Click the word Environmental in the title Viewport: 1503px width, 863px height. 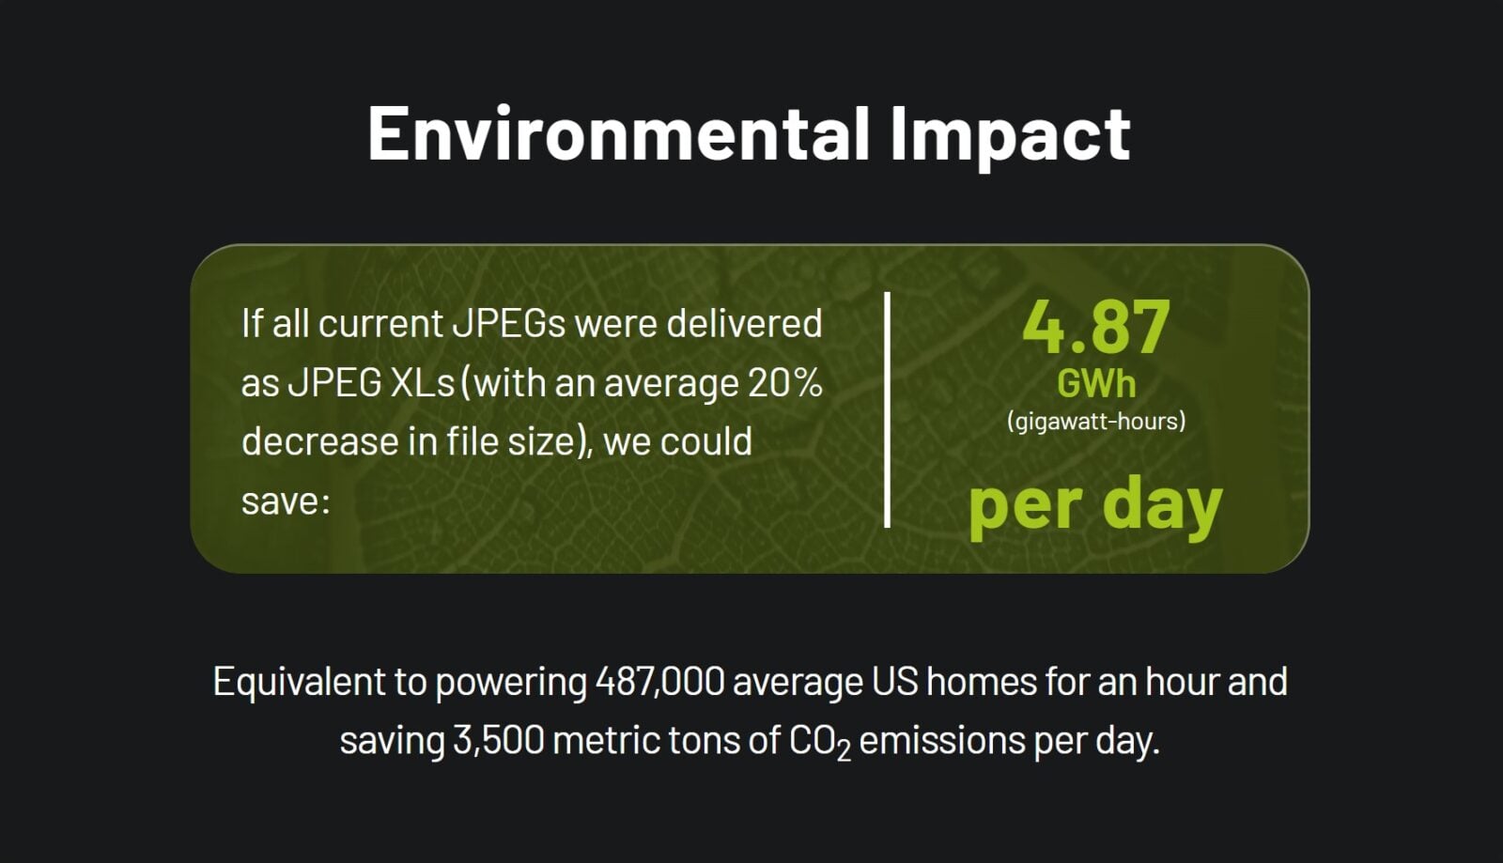click(618, 133)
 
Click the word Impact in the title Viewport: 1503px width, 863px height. click(1011, 137)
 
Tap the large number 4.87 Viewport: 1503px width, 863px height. click(1096, 327)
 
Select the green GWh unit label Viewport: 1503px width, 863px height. click(1096, 384)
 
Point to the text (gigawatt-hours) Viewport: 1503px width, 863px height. click(1096, 422)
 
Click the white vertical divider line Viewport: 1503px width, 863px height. click(887, 409)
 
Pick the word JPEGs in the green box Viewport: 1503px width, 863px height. click(509, 323)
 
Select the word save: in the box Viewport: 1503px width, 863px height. click(286, 501)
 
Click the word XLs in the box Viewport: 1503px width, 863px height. click(422, 383)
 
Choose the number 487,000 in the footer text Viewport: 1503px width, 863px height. click(660, 682)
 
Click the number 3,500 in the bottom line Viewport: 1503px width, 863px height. click(499, 741)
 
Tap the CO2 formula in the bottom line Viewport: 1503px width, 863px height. click(820, 742)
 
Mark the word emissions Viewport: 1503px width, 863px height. click(942, 741)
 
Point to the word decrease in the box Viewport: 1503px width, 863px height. click(319, 442)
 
